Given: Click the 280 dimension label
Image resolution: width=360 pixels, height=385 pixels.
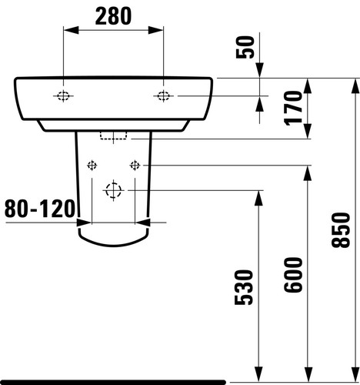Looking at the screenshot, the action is pyautogui.click(x=113, y=16).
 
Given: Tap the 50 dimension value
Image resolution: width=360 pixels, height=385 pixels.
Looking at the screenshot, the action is pyautogui.click(x=245, y=48).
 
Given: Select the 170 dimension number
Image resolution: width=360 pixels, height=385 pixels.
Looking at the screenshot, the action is pyautogui.click(x=293, y=108).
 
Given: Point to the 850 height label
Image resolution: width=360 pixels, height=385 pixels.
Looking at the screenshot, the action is pyautogui.click(x=341, y=230).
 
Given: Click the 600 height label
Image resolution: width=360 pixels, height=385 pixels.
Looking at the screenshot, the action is pyautogui.click(x=293, y=275).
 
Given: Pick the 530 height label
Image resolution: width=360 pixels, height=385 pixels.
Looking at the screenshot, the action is pyautogui.click(x=244, y=287).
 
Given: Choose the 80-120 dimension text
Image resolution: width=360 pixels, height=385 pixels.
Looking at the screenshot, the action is pyautogui.click(x=40, y=209).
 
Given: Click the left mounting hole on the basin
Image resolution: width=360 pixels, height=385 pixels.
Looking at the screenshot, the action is pyautogui.click(x=63, y=96).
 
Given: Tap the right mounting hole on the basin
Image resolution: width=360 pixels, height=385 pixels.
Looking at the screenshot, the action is pyautogui.click(x=163, y=96).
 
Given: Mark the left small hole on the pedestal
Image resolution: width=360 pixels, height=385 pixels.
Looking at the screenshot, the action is pyautogui.click(x=92, y=165).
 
